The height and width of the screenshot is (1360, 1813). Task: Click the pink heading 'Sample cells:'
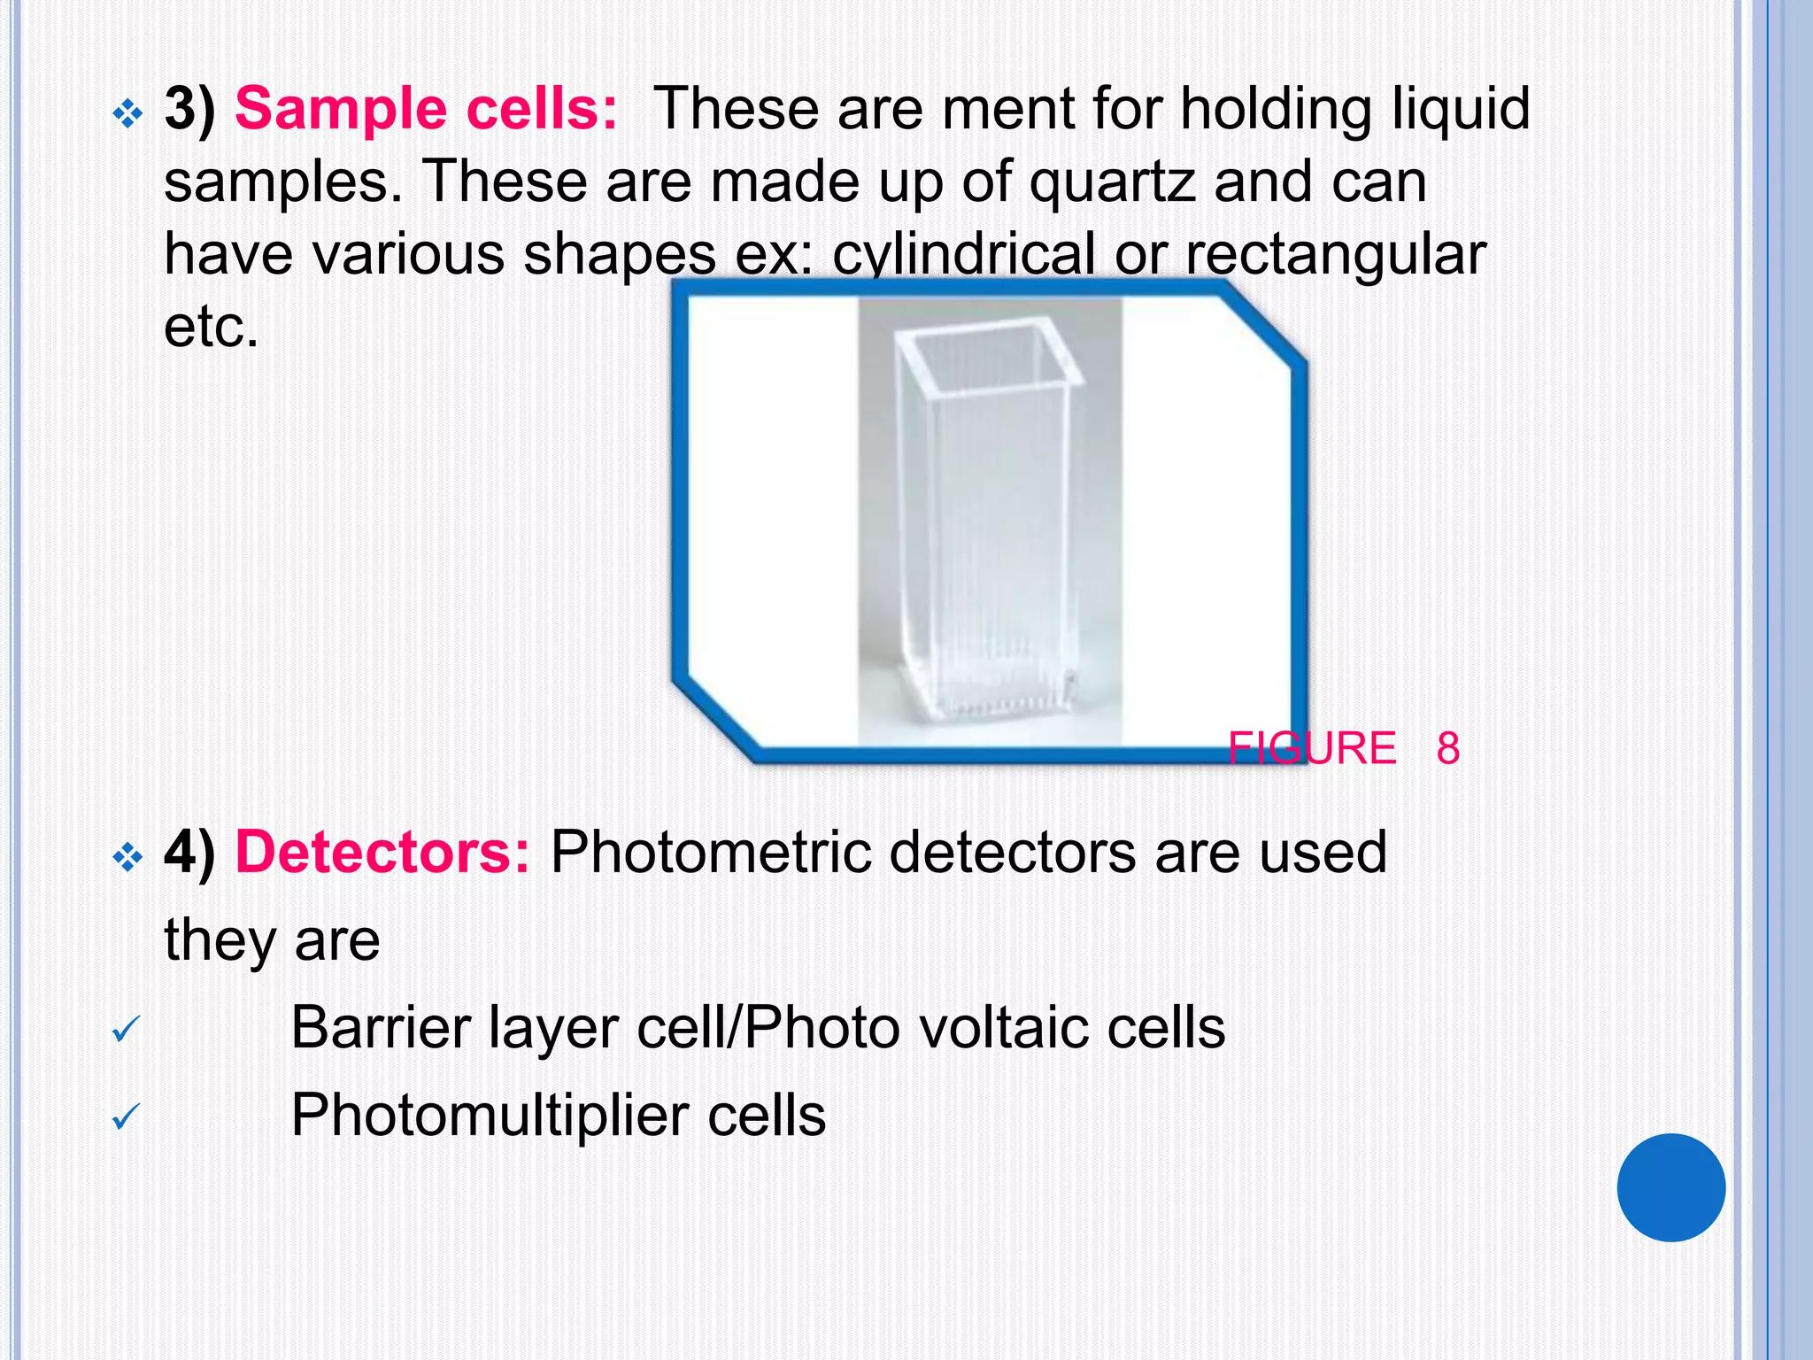click(x=426, y=110)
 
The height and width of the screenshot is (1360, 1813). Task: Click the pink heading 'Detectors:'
click(x=382, y=853)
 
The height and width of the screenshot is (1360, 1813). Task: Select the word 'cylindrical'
click(x=963, y=255)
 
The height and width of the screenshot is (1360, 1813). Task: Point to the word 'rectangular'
click(x=1335, y=255)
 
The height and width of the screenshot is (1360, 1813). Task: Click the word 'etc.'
click(x=211, y=327)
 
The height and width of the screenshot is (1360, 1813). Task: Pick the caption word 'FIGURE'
click(x=1312, y=748)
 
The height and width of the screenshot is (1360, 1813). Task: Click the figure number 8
click(x=1448, y=748)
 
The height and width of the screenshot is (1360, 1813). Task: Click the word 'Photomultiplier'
click(x=490, y=1115)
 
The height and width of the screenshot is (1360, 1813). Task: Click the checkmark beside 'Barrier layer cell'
click(x=126, y=1029)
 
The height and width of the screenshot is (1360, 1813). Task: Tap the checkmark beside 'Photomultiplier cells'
click(x=126, y=1116)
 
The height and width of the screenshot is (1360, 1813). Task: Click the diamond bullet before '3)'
click(x=127, y=113)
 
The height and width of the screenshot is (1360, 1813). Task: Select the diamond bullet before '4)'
click(x=127, y=857)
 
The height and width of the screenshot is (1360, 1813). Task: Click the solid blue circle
click(x=1670, y=1187)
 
